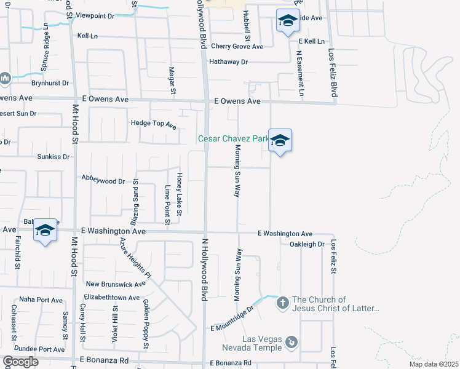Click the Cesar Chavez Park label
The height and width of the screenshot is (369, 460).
point(232,139)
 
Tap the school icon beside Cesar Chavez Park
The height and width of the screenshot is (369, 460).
point(280,141)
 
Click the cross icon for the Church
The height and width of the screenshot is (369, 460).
point(282,303)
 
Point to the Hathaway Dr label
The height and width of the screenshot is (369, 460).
point(228,62)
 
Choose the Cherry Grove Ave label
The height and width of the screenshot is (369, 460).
point(237,46)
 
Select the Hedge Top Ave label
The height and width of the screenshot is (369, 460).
point(154,124)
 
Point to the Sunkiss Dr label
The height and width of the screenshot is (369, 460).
point(55,157)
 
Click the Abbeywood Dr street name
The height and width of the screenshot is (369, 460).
point(103,181)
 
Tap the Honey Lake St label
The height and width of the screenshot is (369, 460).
point(180,194)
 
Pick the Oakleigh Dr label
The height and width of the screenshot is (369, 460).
point(306,244)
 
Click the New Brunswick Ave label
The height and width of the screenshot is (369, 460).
point(116,284)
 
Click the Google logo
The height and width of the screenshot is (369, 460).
point(20,362)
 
